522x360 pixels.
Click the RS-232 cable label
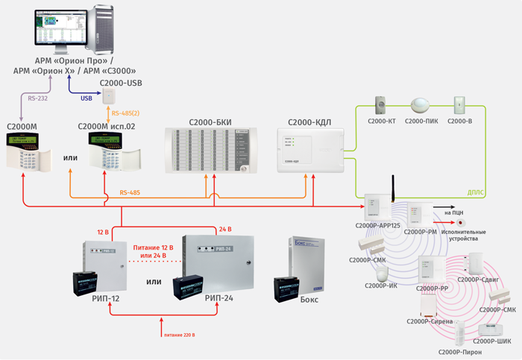point(37,95)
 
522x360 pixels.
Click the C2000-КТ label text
point(382,119)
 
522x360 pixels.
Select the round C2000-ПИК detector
point(421,104)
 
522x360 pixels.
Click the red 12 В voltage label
point(104,233)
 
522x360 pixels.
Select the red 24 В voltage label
point(226,229)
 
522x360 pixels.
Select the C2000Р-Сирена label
point(426,320)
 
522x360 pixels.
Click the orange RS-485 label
point(131,193)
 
